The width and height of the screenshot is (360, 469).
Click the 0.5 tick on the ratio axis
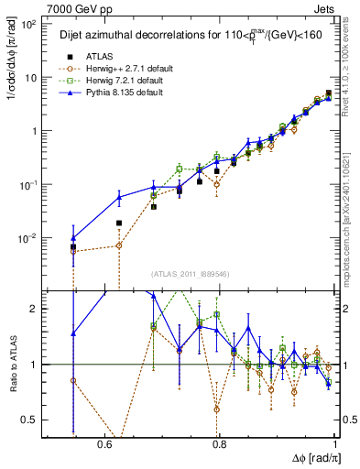tap(30, 420)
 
